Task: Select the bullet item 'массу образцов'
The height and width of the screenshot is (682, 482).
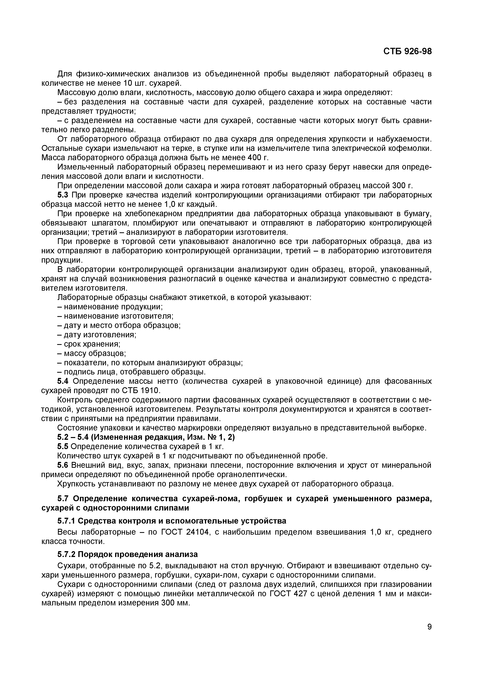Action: tap(92, 353)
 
